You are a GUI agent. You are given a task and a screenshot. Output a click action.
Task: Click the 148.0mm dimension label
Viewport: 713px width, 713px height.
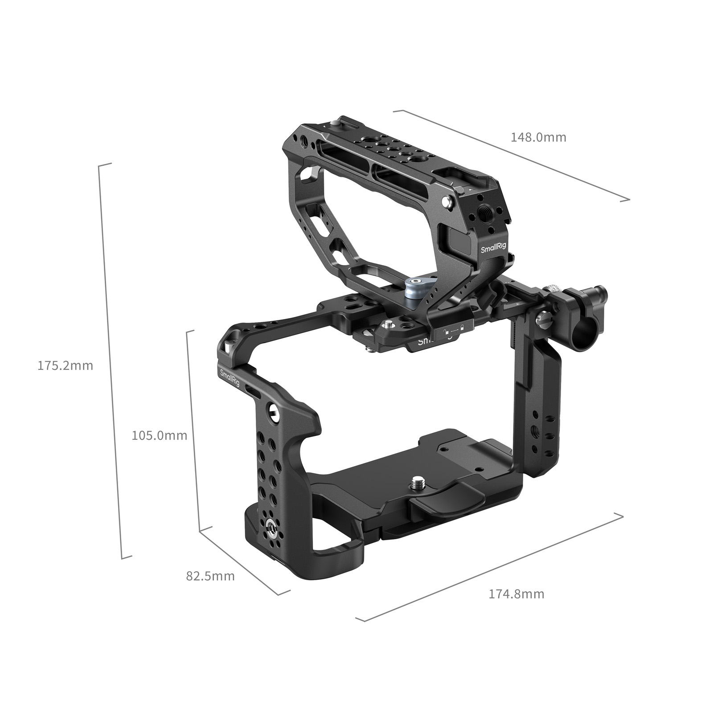[538, 137]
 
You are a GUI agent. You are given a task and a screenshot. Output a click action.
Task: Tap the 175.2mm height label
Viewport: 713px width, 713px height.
[65, 366]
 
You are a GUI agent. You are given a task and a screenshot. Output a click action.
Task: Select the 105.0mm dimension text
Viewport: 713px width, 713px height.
[159, 435]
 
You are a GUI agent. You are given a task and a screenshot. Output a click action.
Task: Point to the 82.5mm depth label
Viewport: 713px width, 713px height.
[210, 576]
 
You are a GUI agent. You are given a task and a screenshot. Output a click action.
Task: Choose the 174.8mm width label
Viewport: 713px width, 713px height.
[516, 594]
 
